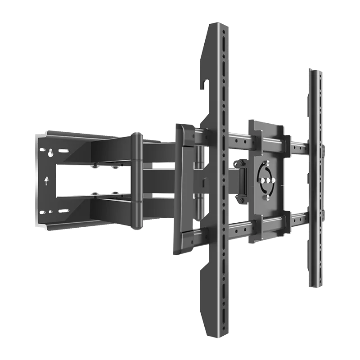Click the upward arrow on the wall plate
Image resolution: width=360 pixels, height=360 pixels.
(x=47, y=180)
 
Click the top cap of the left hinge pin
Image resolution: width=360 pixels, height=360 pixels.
(x=137, y=135)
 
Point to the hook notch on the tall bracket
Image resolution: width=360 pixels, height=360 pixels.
(x=206, y=84)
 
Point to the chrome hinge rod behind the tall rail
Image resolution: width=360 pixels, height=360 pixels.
(x=198, y=180)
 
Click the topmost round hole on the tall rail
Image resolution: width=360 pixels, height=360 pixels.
(x=222, y=33)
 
